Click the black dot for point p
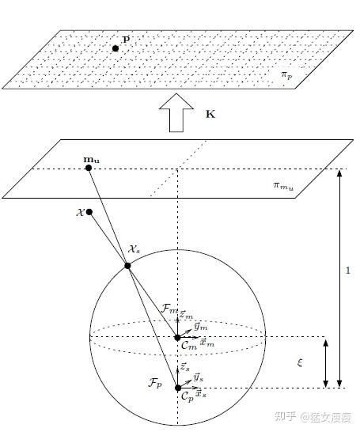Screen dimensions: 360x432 point(116,48)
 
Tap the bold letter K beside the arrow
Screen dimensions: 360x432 point(210,114)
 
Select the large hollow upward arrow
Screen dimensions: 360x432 point(176,112)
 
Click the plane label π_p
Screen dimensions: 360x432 point(286,75)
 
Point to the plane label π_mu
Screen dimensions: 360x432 point(283,186)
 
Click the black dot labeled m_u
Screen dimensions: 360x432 point(89,168)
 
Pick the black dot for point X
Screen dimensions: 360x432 point(89,212)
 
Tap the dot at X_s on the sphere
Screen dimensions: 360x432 point(127,266)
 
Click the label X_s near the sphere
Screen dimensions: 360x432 point(135,249)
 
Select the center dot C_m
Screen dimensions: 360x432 point(178,338)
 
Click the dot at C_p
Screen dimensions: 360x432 point(178,388)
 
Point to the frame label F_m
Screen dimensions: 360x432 point(169,309)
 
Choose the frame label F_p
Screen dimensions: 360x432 point(155,383)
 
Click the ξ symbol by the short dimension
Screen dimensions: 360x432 point(300,362)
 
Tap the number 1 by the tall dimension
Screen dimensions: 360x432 point(348,271)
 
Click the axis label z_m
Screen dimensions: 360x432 point(186,315)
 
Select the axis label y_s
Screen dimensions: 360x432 point(199,377)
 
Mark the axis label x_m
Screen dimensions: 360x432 point(207,343)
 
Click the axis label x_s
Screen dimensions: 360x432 point(201,394)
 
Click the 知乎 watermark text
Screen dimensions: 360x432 point(286,416)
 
